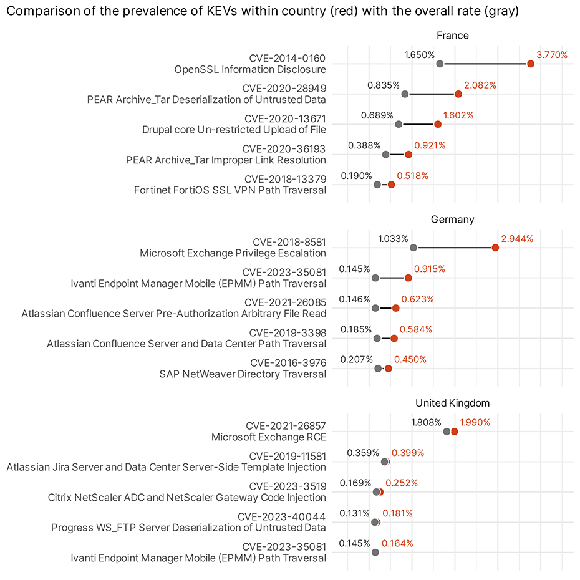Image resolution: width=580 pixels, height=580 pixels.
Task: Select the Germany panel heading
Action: click(x=452, y=220)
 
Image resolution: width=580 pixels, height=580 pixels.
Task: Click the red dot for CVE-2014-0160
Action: click(x=530, y=64)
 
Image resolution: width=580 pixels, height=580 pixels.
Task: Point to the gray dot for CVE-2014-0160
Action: click(x=440, y=64)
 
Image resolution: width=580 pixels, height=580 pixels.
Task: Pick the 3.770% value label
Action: click(x=552, y=55)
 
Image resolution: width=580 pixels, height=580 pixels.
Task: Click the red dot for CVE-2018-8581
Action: click(x=495, y=248)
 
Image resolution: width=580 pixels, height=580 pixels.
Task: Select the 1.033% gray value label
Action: click(x=393, y=239)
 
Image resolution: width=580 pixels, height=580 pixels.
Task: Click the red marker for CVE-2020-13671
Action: click(x=438, y=125)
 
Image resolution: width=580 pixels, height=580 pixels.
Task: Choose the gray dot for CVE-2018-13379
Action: click(x=377, y=185)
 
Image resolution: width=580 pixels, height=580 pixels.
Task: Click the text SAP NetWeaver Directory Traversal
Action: click(x=243, y=374)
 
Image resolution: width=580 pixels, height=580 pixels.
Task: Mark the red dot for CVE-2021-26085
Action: click(x=395, y=308)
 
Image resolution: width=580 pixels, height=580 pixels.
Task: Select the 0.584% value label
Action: click(x=416, y=329)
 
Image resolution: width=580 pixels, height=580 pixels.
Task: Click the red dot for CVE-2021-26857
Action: click(x=454, y=432)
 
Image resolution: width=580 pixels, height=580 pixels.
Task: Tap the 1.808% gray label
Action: click(x=426, y=422)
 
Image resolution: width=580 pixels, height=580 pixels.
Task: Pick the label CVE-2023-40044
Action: click(x=282, y=517)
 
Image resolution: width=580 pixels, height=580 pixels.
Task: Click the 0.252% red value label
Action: click(x=402, y=483)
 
